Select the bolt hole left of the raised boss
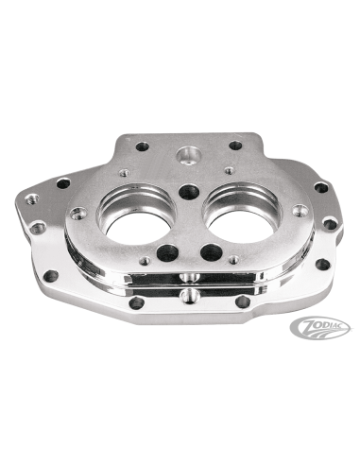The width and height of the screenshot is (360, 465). (142, 146)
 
